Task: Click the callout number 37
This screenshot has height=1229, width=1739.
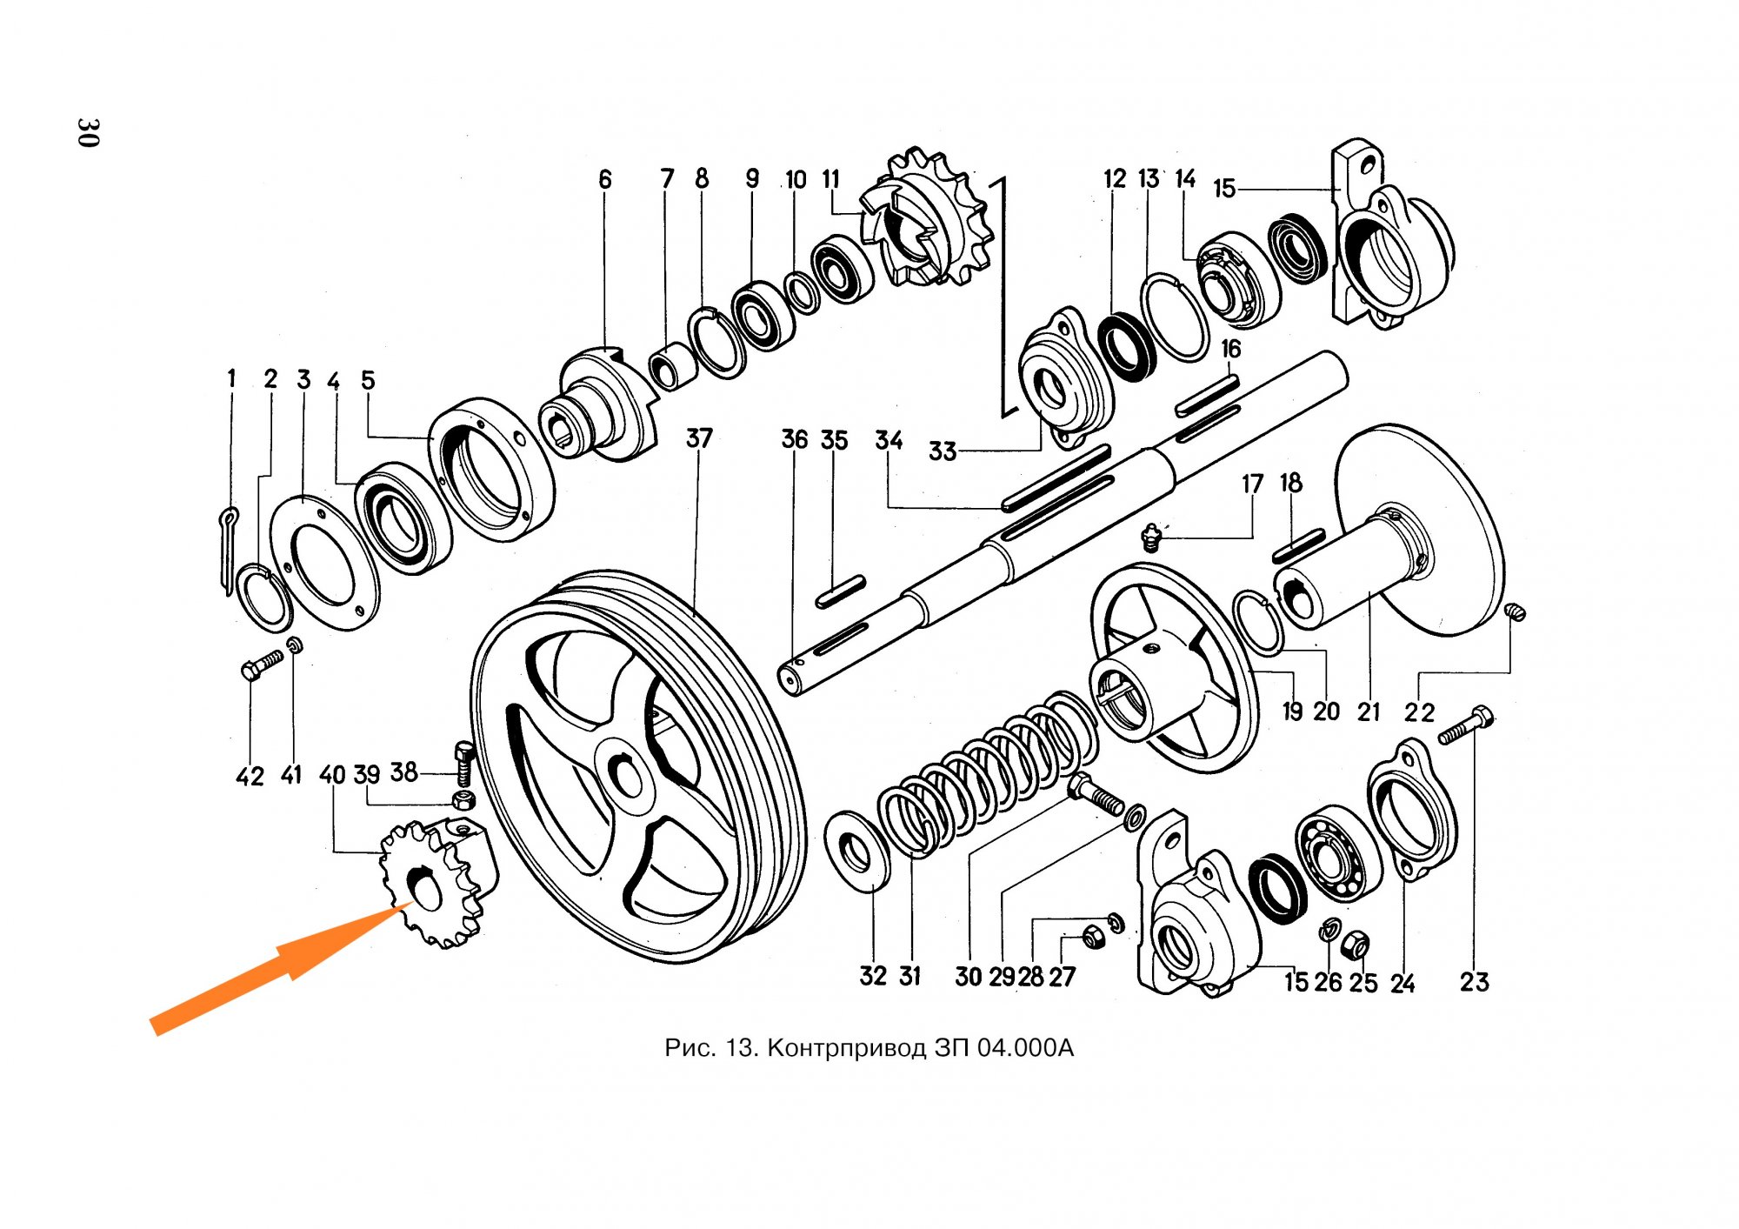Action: (x=699, y=438)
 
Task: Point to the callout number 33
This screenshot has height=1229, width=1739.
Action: (x=943, y=451)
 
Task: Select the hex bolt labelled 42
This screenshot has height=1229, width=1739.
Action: (x=261, y=665)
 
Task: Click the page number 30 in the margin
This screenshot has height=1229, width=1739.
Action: (x=88, y=132)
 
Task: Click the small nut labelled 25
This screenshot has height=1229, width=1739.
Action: (x=1356, y=944)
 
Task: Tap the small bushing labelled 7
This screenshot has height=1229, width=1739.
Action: (x=672, y=366)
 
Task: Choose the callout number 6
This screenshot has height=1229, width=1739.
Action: (x=605, y=180)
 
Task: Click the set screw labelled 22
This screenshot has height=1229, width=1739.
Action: (x=1515, y=612)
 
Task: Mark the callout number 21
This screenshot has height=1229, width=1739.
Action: (x=1369, y=712)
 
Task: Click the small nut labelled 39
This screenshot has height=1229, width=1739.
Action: (x=464, y=798)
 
